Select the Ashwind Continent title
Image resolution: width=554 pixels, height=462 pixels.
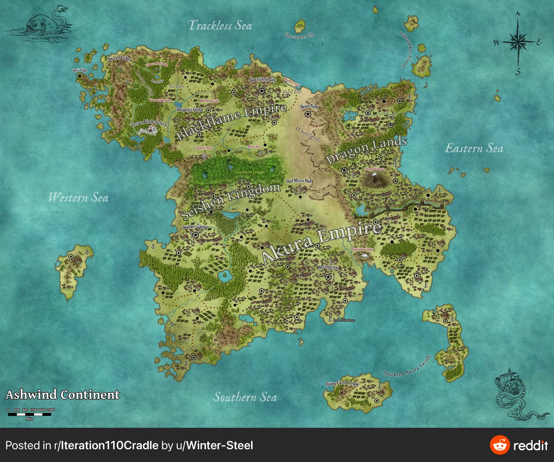62,395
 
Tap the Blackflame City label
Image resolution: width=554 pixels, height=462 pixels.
262,79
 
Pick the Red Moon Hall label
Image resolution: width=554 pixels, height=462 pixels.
300,181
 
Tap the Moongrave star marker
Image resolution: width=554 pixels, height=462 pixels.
328,277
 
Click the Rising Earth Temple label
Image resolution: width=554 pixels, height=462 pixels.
342,384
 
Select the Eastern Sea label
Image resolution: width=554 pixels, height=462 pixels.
474,148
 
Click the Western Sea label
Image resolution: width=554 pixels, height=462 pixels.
78,198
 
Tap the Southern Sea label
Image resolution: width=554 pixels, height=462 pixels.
245,397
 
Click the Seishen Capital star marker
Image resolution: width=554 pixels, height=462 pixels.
195,235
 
